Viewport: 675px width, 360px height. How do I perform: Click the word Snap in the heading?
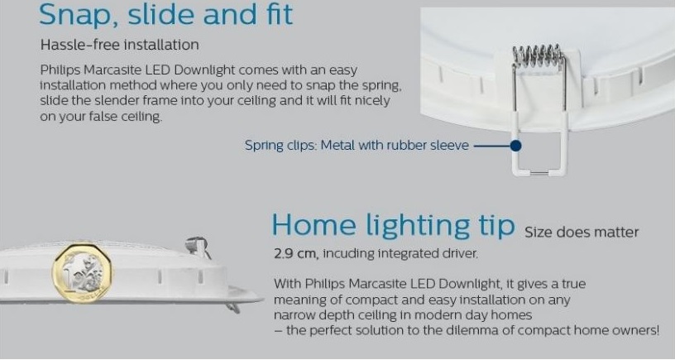(x=78, y=15)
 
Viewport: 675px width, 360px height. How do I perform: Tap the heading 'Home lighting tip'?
(x=393, y=226)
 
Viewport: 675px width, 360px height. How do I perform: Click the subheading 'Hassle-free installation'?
(x=120, y=45)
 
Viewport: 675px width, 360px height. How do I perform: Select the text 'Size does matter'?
(x=582, y=233)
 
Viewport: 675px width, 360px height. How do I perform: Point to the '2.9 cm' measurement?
(x=295, y=253)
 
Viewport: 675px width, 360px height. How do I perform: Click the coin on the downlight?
(x=83, y=273)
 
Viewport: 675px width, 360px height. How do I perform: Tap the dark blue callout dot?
(x=515, y=146)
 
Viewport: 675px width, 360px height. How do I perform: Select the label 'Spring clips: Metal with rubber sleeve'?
(x=357, y=145)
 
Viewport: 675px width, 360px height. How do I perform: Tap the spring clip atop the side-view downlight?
(x=199, y=247)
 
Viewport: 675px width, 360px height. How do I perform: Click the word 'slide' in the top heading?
(x=162, y=15)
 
